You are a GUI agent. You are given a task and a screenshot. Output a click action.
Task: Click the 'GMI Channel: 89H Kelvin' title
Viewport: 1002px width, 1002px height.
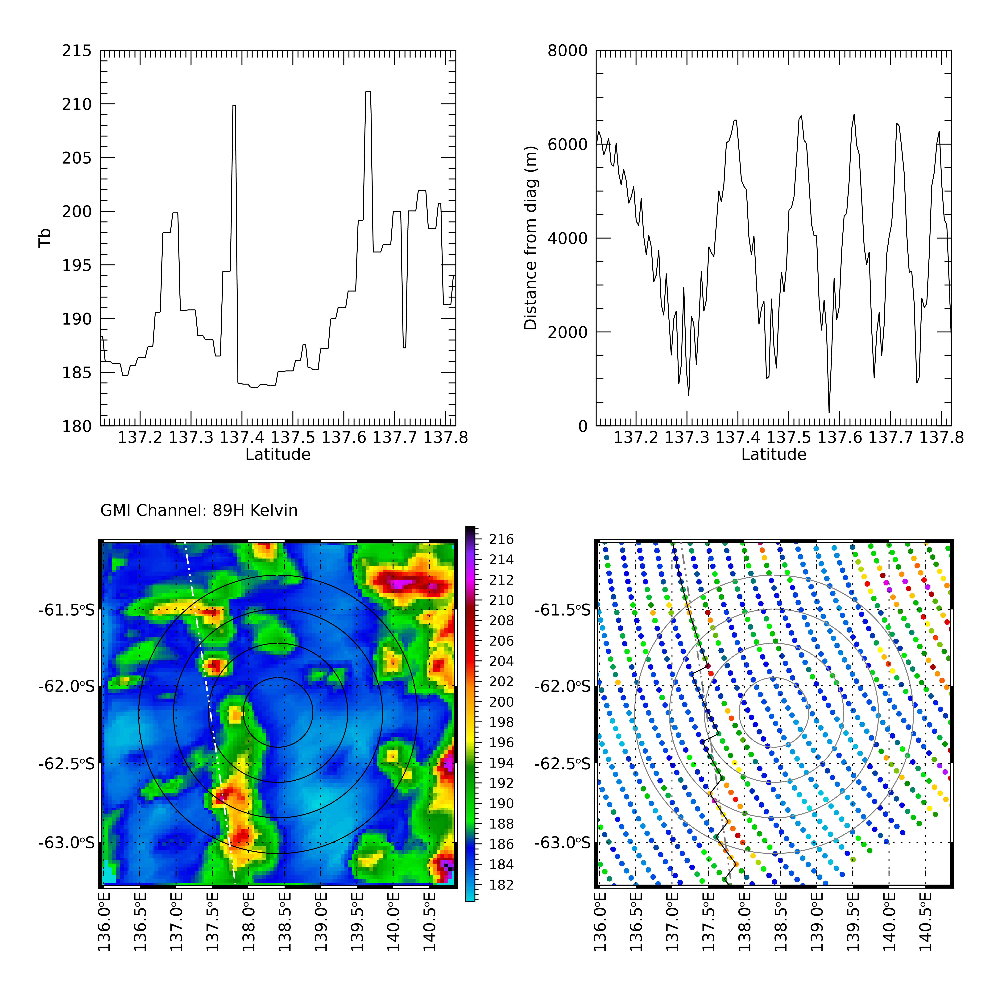point(199,511)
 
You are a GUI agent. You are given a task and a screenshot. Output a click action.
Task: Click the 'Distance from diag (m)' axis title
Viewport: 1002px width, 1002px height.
point(530,238)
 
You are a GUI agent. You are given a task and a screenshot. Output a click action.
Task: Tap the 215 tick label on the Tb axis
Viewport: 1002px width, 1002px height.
point(77,51)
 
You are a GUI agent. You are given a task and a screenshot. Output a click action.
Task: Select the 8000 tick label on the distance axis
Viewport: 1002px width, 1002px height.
point(568,51)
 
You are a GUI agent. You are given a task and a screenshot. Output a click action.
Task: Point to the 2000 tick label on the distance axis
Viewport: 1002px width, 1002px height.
point(568,332)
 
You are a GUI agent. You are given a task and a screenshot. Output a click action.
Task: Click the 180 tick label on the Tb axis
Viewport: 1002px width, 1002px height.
point(77,426)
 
